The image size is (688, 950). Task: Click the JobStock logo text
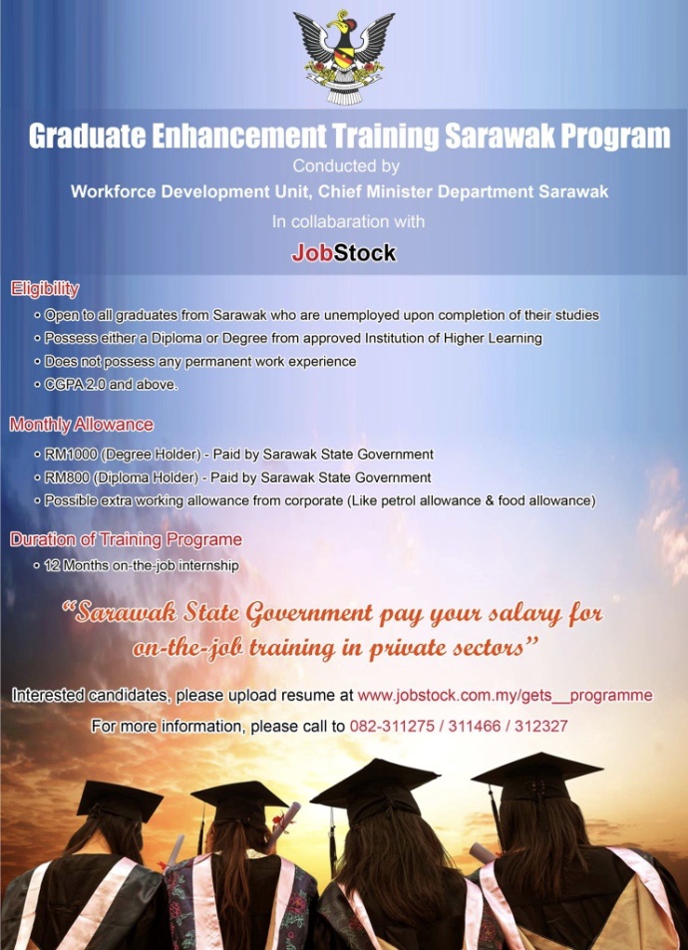coord(344,252)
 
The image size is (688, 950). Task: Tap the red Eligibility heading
coord(45,290)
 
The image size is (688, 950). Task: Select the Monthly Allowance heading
coord(81,425)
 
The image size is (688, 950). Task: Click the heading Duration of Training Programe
coord(126,540)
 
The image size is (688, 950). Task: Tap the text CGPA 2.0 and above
coord(111,385)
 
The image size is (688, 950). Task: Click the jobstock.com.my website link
coord(505,695)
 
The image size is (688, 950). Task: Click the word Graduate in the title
coord(88,136)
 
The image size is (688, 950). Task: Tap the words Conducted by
coord(346,165)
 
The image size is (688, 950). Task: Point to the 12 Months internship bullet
coord(142,566)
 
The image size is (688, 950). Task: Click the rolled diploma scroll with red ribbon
coord(285,821)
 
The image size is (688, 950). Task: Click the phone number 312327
coord(541,726)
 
